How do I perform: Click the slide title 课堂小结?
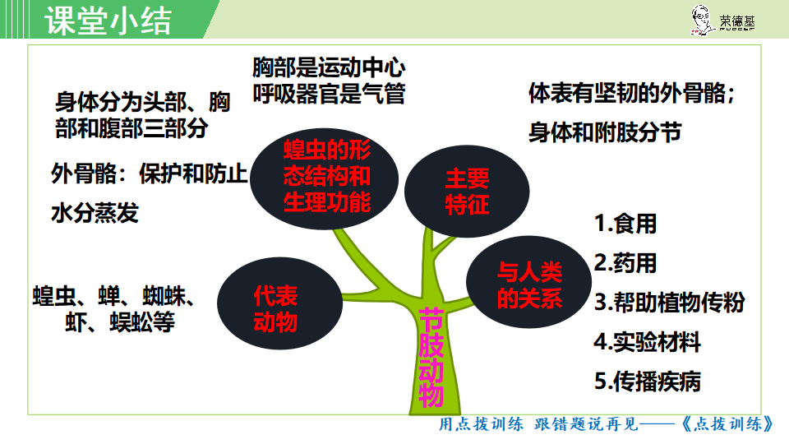pos(108,21)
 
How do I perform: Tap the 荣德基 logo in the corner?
pos(722,20)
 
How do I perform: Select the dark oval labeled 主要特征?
pos(467,192)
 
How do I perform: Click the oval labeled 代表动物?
pos(279,303)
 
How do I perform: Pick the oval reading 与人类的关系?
pos(528,282)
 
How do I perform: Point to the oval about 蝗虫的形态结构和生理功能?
pos(325,178)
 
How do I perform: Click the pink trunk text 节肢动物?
pos(431,358)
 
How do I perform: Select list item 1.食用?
pos(625,224)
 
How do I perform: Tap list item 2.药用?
pos(625,263)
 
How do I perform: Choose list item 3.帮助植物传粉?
pos(669,302)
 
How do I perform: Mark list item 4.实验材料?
pos(647,342)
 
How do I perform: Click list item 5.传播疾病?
pos(647,381)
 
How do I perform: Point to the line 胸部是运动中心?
pos(329,67)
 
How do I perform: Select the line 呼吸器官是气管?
pos(329,94)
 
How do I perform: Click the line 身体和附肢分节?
pos(605,132)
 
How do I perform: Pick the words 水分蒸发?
pos(95,213)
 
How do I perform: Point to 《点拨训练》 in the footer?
pos(727,424)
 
